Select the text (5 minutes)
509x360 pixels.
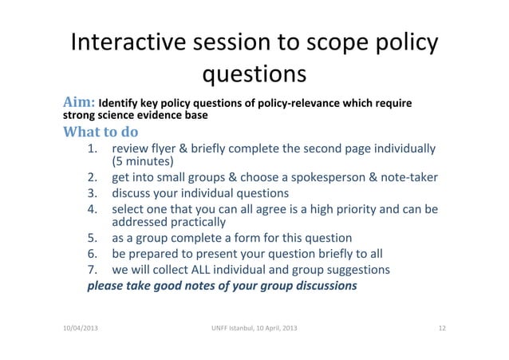coord(143,164)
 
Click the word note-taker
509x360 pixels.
coord(404,178)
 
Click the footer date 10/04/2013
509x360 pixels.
coord(76,330)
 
